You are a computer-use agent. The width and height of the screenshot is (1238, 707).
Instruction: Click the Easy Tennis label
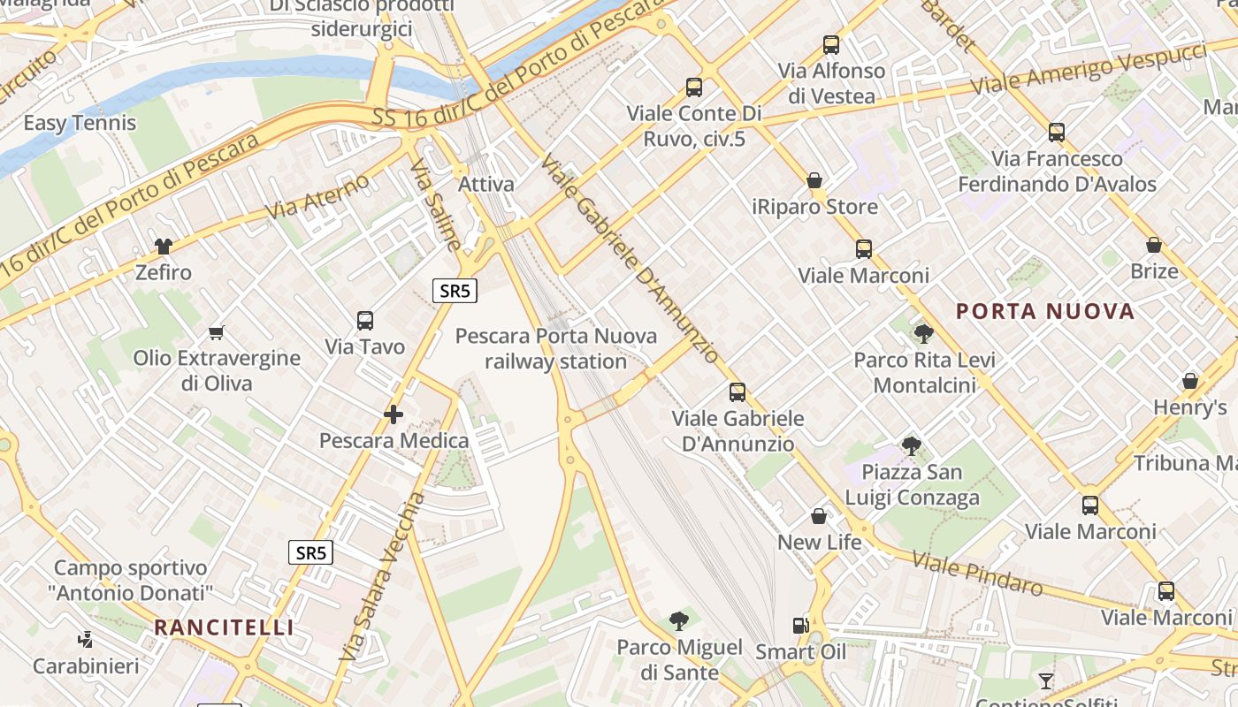tap(80, 123)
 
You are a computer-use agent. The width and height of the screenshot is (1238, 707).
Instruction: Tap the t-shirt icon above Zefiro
tap(163, 246)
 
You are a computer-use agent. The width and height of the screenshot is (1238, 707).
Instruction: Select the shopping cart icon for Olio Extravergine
tap(217, 332)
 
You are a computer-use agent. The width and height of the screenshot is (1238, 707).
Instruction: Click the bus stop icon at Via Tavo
tap(365, 320)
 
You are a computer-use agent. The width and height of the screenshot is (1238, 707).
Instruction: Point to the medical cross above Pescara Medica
tap(394, 414)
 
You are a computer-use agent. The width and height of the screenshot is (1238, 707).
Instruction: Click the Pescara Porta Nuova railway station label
tap(556, 348)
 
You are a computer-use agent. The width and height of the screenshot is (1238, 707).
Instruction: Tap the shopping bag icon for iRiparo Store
tap(814, 180)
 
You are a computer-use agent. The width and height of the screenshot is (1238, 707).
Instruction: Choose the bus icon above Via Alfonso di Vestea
tap(830, 44)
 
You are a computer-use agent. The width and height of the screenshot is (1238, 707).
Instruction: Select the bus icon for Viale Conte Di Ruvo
tap(693, 87)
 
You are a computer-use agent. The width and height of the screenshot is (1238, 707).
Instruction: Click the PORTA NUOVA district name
tap(1045, 311)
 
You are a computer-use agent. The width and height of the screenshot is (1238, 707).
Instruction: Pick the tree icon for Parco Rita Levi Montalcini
tap(924, 333)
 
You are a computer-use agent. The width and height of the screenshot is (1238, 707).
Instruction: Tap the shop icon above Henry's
tap(1190, 381)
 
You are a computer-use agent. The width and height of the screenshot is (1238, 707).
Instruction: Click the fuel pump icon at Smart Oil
tap(800, 625)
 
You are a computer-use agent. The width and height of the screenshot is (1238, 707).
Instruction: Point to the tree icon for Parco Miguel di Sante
tap(679, 620)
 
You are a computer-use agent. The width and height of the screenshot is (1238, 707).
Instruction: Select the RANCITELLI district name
tap(224, 627)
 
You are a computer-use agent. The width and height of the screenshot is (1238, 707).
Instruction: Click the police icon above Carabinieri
tap(86, 639)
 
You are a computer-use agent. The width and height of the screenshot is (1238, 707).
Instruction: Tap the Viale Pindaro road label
tap(977, 574)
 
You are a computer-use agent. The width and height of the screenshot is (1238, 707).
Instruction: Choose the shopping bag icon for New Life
tap(819, 515)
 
